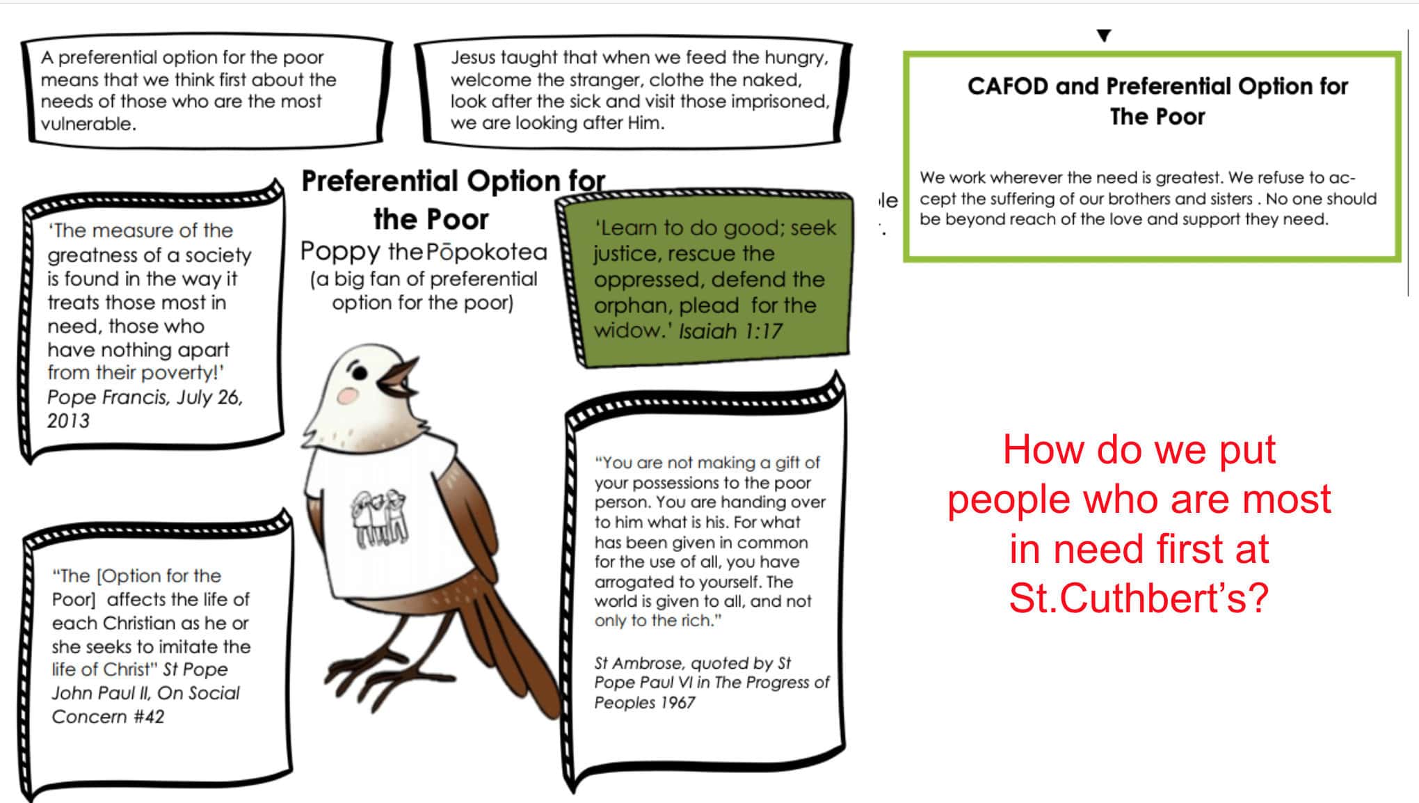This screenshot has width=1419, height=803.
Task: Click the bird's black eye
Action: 359,374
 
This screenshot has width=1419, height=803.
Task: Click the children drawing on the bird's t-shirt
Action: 379,519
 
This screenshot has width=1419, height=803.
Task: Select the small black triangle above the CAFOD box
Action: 1104,35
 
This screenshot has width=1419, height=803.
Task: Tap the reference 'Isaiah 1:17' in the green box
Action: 731,331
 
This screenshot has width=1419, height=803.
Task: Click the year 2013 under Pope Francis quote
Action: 68,421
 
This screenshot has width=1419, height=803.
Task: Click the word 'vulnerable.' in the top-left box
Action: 88,124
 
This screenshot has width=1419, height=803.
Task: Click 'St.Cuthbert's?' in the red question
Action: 1139,598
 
